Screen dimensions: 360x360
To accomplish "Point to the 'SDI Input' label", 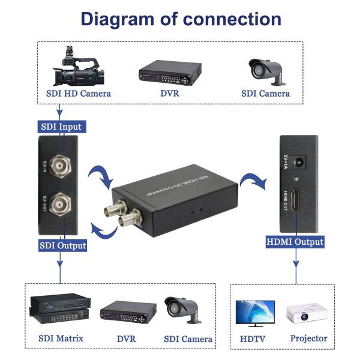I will (61, 127).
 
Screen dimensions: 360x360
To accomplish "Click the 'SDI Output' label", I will (62, 245).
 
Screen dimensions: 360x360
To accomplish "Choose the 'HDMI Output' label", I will (295, 242).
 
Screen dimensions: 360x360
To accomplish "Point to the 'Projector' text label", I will (308, 338).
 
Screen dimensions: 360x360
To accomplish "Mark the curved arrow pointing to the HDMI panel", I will (251, 179).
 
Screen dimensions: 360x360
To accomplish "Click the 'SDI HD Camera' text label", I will (78, 94).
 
